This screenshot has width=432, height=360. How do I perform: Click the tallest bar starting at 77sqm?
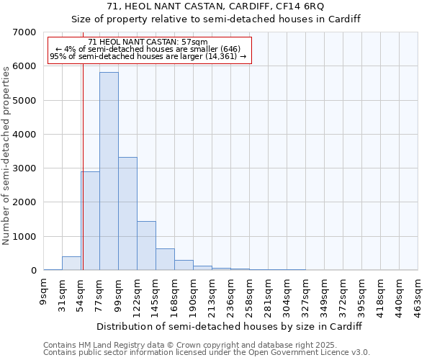[x=109, y=171]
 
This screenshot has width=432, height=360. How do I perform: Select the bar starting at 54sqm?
[x=90, y=220]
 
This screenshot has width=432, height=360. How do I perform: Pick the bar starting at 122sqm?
[x=146, y=246]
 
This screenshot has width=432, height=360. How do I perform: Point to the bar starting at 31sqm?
[x=71, y=264]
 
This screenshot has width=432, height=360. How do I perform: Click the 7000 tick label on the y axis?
[x=24, y=32]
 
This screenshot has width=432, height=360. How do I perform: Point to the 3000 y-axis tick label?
[x=24, y=168]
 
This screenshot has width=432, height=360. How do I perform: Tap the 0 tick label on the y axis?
[x=33, y=271]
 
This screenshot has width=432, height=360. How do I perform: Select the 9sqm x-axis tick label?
[x=44, y=291]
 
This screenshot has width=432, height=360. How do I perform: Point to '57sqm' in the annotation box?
[x=194, y=42]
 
